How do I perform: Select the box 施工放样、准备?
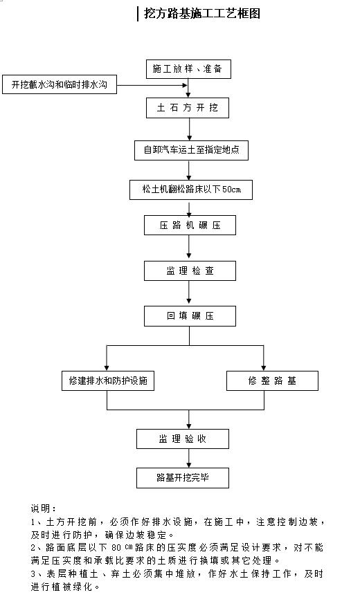pos(188,69)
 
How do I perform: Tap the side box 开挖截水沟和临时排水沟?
pos(60,85)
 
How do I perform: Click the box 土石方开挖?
pos(188,108)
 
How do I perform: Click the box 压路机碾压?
pos(190,226)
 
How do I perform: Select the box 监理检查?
pos(190,270)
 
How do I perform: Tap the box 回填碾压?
pos(190,315)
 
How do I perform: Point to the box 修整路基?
pos(273,381)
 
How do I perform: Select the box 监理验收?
pos(190,439)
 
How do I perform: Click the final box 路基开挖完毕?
pos(190,477)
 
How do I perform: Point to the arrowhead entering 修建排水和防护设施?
pos(106,367)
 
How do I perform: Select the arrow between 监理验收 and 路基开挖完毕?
pos(190,458)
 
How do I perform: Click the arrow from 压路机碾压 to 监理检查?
pos(190,248)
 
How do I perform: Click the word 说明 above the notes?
pos(44,508)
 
